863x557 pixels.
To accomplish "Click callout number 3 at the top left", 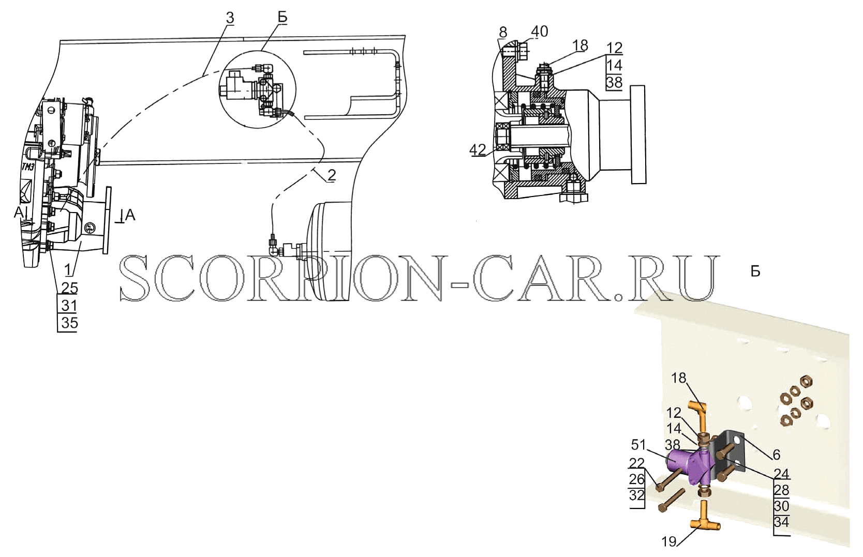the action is tap(230, 18).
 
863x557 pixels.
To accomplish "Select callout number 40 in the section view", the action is tap(539, 32).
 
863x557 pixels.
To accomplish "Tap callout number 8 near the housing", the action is tap(503, 33).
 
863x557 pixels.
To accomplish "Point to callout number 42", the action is tap(478, 149).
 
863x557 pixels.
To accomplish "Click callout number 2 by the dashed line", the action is tap(331, 176).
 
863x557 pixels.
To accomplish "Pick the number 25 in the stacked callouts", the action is tap(70, 288).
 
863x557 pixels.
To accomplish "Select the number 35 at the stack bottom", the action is tap(70, 323).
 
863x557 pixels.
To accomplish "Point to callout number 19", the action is tap(669, 542).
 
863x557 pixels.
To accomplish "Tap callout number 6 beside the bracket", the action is tap(776, 455).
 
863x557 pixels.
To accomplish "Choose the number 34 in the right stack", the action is tap(782, 522).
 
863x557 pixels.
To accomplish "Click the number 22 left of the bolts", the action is tap(637, 462).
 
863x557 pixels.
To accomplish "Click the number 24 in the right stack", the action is tap(782, 473).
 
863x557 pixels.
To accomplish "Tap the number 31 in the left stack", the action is tap(70, 306).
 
